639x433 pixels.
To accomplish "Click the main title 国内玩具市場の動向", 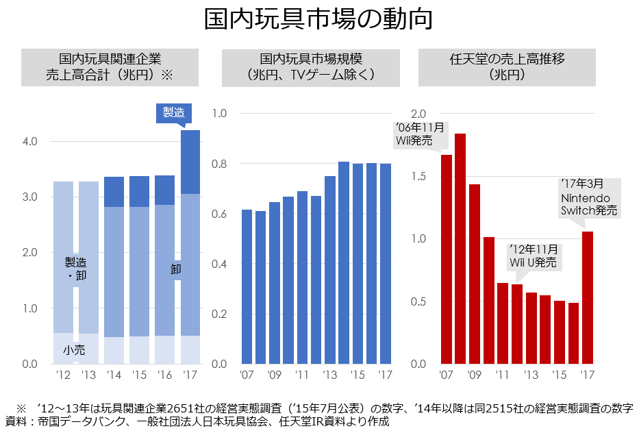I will click(318, 20).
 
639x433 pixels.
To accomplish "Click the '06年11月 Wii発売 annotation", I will click(419, 134).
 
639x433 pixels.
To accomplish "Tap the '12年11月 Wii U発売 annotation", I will click(533, 256).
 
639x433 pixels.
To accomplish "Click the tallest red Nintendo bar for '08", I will click(460, 248).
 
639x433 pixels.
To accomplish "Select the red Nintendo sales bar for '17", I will click(588, 297).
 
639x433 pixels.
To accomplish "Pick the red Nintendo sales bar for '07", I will click(446, 259).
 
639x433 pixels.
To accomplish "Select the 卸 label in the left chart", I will click(176, 269).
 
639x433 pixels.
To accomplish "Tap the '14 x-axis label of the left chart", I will click(114, 375).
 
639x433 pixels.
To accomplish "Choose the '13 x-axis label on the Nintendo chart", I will click(531, 375).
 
